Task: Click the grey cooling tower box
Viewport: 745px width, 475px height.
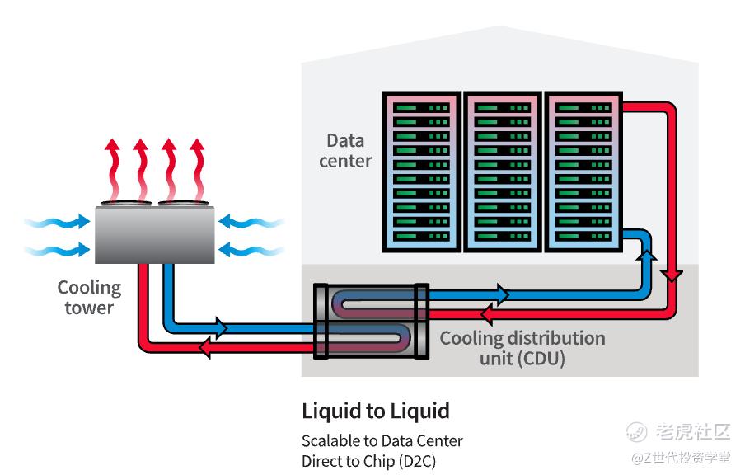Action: [x=154, y=234]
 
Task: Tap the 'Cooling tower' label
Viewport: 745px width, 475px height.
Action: [x=89, y=298]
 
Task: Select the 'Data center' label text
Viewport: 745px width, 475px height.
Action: [x=345, y=150]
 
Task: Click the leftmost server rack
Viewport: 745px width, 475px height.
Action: [x=419, y=172]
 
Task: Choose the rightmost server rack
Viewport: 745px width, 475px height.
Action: [x=581, y=172]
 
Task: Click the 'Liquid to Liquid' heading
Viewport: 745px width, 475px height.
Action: [x=376, y=411]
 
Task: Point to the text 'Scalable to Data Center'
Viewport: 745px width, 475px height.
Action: [x=382, y=441]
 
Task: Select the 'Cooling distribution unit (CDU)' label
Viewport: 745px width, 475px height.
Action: [x=522, y=348]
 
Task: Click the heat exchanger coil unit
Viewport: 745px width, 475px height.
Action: [x=372, y=322]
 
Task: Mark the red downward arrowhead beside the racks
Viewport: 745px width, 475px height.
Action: [x=673, y=275]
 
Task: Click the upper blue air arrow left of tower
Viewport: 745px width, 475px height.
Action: [x=58, y=222]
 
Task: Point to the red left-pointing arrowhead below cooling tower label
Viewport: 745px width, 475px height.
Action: [x=205, y=349]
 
